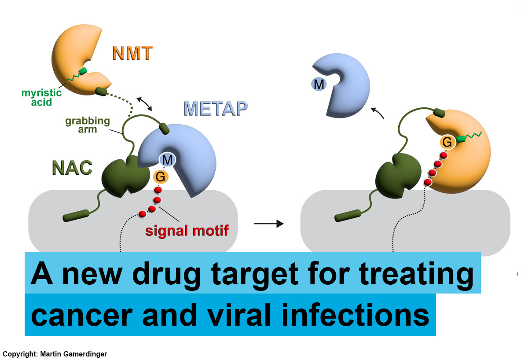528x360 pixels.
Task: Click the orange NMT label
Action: pos(132,53)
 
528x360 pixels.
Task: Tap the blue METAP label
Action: pos(215,108)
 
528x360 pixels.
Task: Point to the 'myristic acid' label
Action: pos(42,97)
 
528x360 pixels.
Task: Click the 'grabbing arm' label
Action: pos(81,125)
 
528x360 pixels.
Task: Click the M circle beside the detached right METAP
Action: pos(318,83)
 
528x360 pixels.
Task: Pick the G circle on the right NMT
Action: pos(447,142)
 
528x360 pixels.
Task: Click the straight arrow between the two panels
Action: pos(268,224)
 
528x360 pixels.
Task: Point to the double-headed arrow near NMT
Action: pos(145,104)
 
